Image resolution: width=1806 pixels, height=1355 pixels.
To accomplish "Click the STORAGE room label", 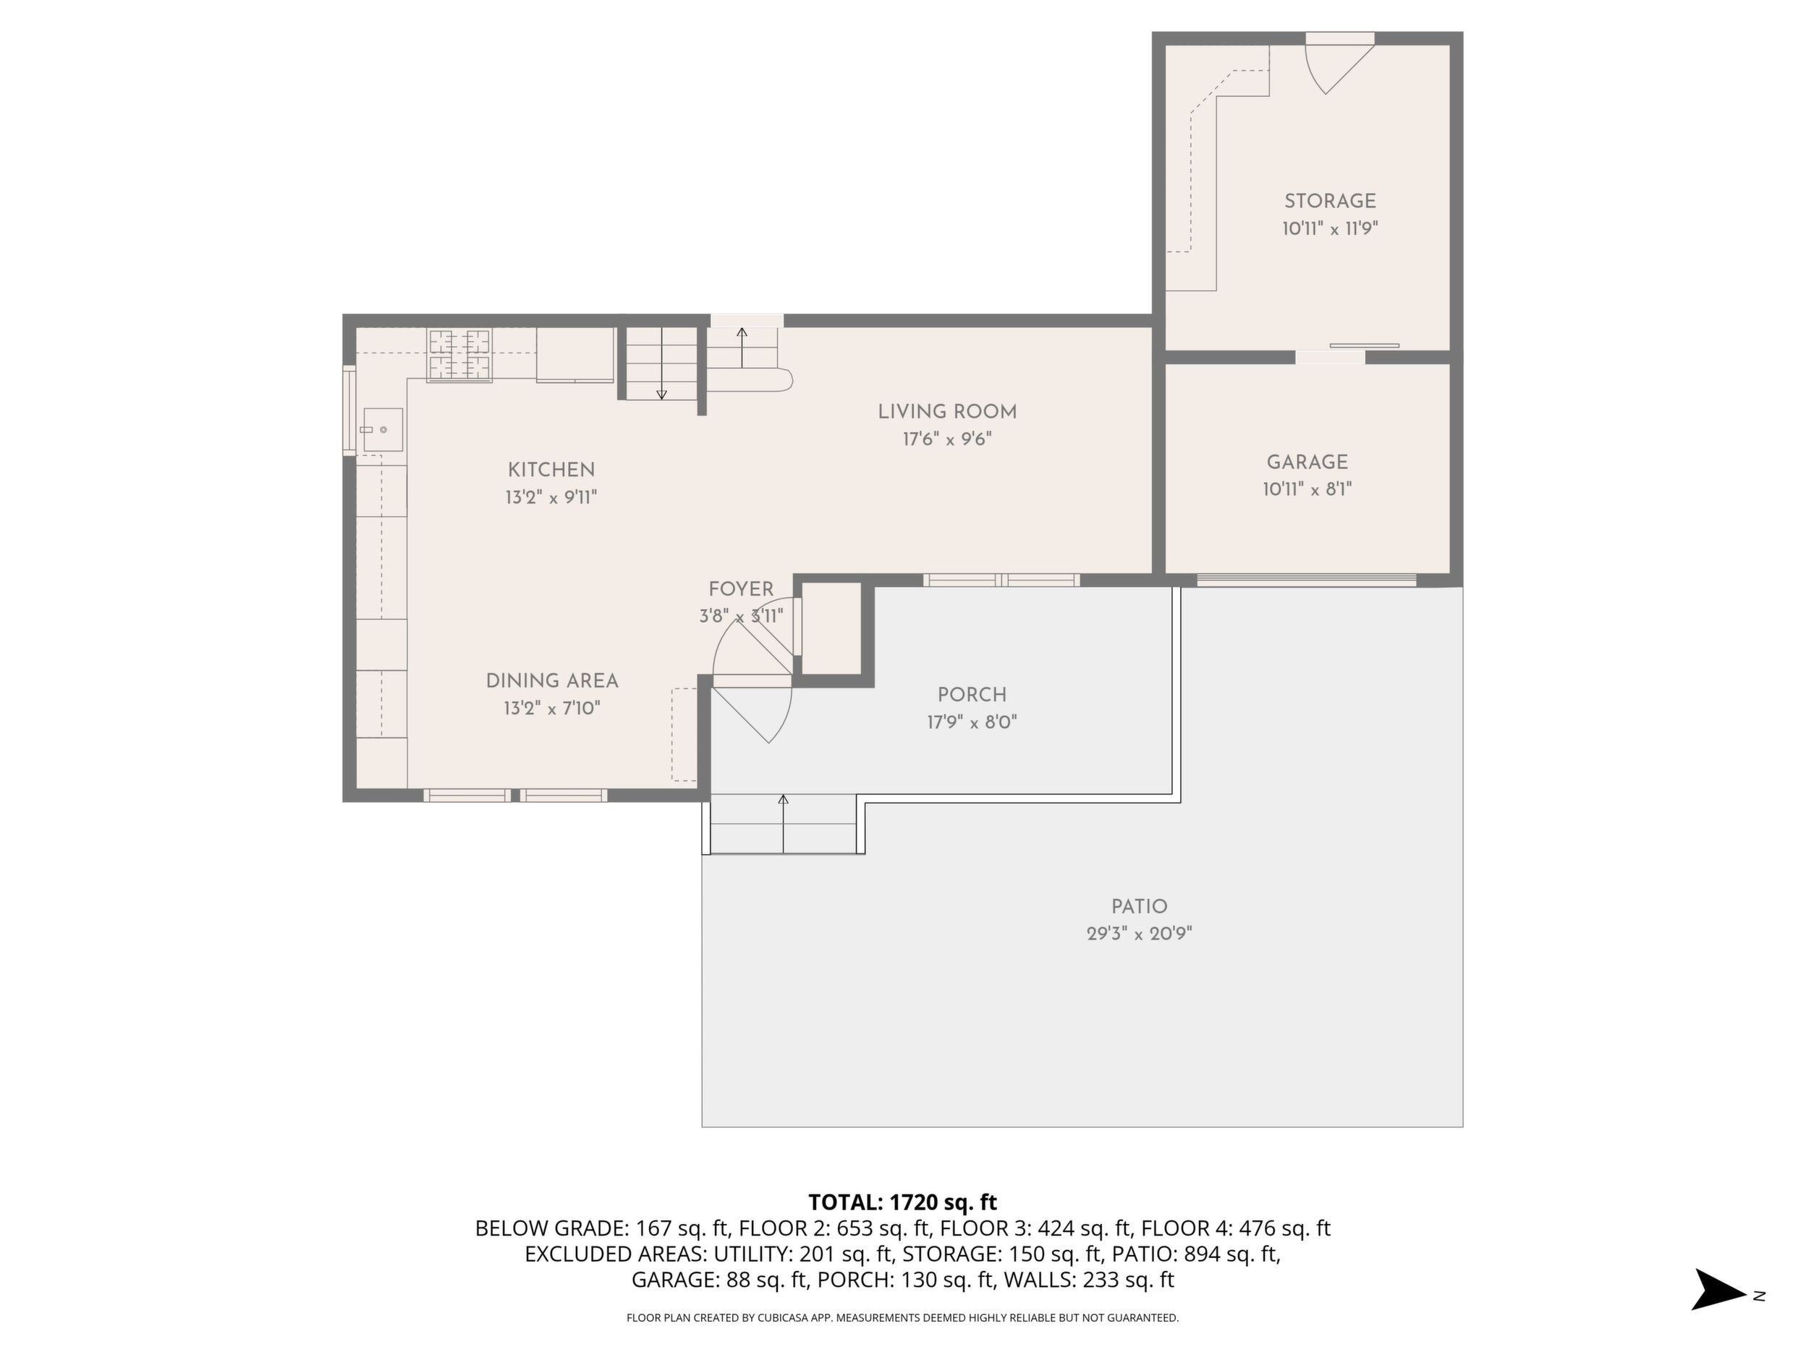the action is click(x=1330, y=201).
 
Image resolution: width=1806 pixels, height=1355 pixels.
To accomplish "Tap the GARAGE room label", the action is click(x=1307, y=463).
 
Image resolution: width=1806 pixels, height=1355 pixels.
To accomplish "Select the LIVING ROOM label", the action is click(x=947, y=412).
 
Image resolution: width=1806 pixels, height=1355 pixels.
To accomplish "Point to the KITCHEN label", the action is click(x=551, y=470).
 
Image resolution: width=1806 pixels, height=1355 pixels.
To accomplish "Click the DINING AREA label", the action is click(x=552, y=680).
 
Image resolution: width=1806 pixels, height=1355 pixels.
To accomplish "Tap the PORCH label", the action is click(x=972, y=694).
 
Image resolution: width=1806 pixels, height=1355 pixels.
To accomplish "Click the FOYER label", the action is click(x=740, y=589).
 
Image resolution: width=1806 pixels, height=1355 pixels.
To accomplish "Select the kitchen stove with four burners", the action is click(x=459, y=355).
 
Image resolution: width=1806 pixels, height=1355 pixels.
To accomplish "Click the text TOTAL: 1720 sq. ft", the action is click(x=902, y=1202).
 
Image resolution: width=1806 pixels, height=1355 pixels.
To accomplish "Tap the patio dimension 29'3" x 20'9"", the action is click(x=1139, y=934).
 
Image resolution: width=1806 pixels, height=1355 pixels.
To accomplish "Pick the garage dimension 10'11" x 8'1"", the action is click(x=1307, y=489).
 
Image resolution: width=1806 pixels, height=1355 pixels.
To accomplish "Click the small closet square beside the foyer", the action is click(x=832, y=629).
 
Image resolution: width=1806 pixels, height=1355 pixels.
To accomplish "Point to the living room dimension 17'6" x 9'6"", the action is click(x=947, y=439).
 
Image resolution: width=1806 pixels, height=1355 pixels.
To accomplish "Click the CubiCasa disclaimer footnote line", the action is click(x=902, y=1317).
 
